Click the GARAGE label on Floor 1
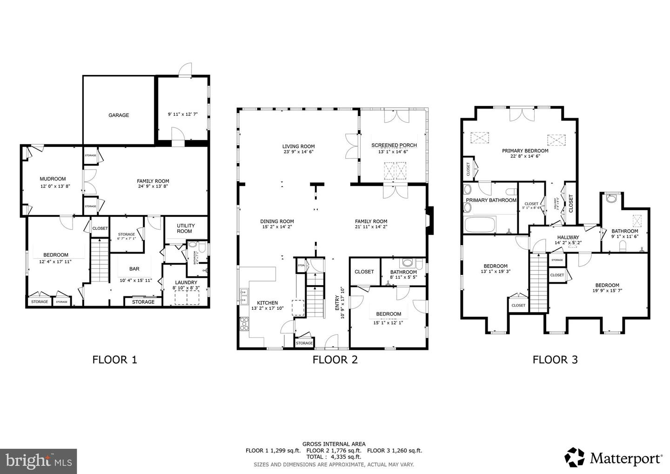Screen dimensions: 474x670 [119, 115]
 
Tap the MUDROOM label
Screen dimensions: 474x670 [53, 179]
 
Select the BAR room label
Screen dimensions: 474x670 [134, 269]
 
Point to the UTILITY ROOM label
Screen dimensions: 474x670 [186, 228]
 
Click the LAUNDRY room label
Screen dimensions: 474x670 [186, 282]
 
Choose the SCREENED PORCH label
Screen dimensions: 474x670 [394, 145]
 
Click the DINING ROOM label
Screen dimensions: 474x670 [277, 221]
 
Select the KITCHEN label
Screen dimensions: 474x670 [267, 303]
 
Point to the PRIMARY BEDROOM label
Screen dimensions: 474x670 [525, 151]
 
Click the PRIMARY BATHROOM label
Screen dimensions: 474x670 [491, 200]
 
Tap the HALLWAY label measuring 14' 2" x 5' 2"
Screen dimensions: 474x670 [568, 237]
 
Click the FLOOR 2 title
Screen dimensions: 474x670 [335, 360]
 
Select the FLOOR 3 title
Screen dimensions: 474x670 [555, 360]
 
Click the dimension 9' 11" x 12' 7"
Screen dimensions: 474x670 [182, 114]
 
